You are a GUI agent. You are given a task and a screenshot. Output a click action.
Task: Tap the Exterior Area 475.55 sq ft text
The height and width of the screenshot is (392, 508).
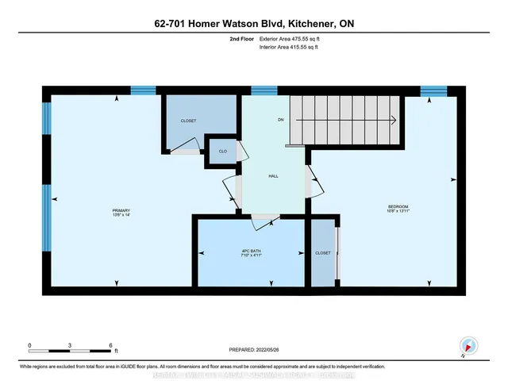(293, 38)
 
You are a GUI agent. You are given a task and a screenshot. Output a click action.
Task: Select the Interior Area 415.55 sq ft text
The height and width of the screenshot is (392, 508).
(292, 48)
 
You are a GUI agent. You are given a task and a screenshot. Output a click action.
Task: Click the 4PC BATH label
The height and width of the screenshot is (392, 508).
(251, 252)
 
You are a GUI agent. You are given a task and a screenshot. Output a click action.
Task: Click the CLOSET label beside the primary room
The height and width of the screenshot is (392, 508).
(188, 121)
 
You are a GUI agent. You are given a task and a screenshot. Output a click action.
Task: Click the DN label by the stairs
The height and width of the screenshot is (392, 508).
(280, 120)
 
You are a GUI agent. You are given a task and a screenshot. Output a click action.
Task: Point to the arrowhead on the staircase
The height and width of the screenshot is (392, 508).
(392, 121)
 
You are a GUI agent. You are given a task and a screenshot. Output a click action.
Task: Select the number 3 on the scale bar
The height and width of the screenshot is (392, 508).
(71, 344)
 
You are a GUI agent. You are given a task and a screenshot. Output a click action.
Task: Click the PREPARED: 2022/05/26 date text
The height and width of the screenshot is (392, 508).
(254, 348)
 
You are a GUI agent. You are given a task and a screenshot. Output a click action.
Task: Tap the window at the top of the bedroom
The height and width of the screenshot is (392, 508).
(433, 90)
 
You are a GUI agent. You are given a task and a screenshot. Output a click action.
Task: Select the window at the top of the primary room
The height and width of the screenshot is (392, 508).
(143, 90)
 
